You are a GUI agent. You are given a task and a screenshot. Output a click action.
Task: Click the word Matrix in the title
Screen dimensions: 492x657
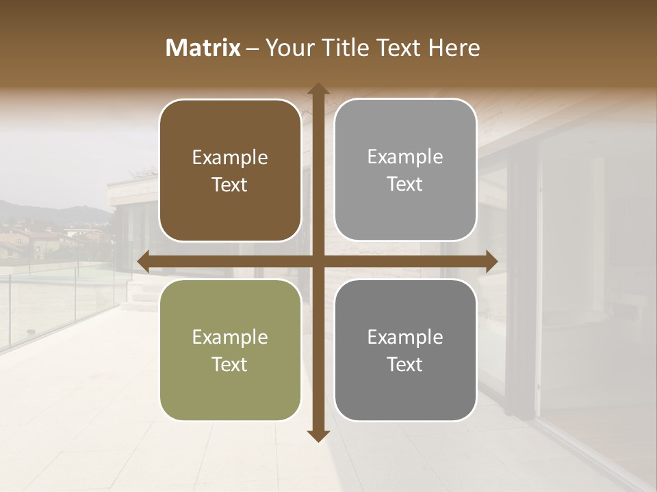203,48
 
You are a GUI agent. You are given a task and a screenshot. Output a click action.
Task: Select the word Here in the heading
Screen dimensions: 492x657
454,48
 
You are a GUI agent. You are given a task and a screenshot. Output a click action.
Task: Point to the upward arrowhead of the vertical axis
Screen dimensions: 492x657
318,89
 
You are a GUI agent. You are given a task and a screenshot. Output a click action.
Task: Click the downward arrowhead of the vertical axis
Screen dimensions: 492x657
318,435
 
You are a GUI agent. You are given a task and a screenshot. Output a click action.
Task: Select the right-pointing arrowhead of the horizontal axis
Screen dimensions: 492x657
491,261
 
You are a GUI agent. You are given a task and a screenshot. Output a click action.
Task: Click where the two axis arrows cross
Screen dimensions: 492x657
318,261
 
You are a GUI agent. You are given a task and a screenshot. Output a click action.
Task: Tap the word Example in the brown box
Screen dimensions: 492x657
230,158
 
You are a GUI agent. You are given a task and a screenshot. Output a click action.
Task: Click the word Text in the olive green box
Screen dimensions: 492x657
230,364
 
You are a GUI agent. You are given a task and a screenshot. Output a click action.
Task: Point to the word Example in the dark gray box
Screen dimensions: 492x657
405,337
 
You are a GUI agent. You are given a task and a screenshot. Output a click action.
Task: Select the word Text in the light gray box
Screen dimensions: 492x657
405,184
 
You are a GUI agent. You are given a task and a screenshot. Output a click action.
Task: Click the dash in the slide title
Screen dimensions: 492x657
253,49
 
